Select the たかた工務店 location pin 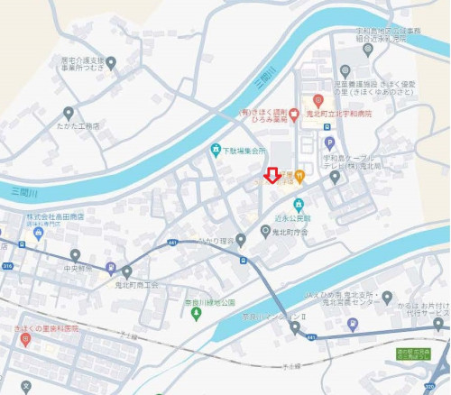[68, 114]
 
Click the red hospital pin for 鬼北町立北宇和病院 [318, 100]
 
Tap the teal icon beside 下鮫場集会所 [215, 150]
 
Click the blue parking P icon [329, 142]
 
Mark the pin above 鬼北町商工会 [127, 271]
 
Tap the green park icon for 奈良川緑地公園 [197, 314]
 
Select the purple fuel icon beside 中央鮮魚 [110, 267]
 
